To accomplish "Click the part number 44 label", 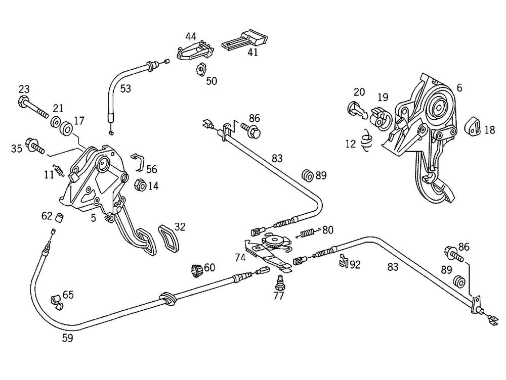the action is pyautogui.click(x=191, y=36).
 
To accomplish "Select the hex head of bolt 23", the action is pyautogui.click(x=23, y=101).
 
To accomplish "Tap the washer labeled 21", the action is pyautogui.click(x=56, y=122).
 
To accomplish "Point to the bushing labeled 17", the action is pyautogui.click(x=67, y=128).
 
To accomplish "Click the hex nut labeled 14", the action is pyautogui.click(x=140, y=184).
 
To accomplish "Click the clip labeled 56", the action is pyautogui.click(x=138, y=162).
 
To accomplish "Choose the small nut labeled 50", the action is pyautogui.click(x=201, y=69).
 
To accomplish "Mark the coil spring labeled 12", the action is pyautogui.click(x=366, y=140).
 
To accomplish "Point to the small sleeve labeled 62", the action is pyautogui.click(x=59, y=218).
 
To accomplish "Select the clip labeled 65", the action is pyautogui.click(x=57, y=302).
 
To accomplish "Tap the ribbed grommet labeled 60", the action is pyautogui.click(x=196, y=270).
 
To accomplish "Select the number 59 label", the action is pyautogui.click(x=67, y=338).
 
